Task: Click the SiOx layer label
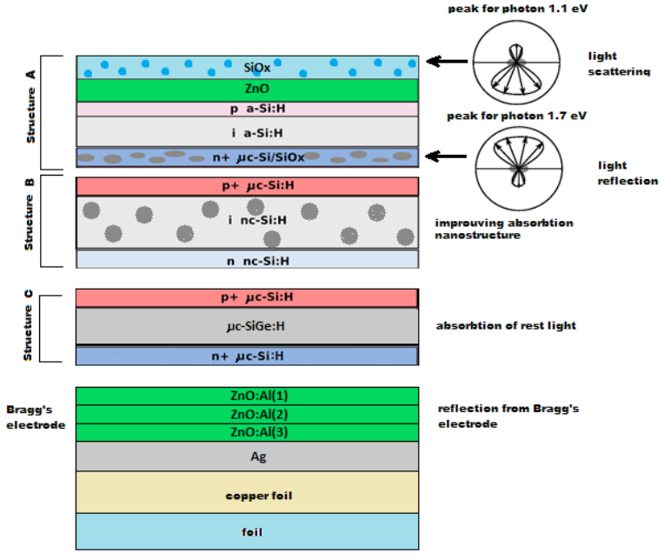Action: pos(256,68)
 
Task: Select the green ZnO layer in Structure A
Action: pos(248,90)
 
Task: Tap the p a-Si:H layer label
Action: pos(257,109)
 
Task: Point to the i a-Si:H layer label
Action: pos(257,133)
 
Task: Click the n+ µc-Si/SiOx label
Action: pos(258,157)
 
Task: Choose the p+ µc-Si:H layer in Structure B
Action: pos(248,186)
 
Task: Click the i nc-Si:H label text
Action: pos(257,220)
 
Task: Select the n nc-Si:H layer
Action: pos(248,259)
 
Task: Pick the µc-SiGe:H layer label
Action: pos(256,326)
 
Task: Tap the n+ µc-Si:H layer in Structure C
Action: pos(247,357)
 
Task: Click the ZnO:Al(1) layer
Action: pos(248,396)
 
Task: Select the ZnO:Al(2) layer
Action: pos(248,415)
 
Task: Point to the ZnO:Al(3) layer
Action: pos(248,433)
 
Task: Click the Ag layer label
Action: pos(258,457)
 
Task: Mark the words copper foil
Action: pos(259,496)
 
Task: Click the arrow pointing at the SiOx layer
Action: pos(447,61)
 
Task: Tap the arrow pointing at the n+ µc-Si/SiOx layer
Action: pos(446,157)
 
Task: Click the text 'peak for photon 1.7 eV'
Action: pos(516,116)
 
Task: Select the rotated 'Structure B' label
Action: pos(29,214)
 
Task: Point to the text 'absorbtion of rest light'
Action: pos(506,326)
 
